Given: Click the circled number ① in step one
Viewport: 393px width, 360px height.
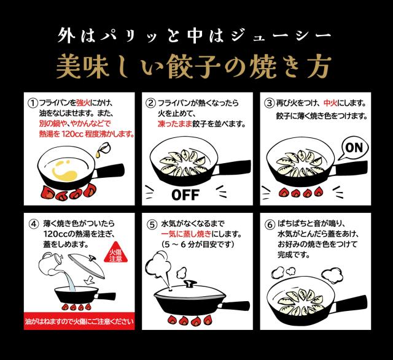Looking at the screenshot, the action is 33,104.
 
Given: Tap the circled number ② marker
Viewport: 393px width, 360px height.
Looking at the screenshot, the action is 150,104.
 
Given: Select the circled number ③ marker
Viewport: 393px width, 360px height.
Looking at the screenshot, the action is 270,104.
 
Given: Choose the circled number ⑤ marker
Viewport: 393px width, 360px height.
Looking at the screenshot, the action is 152,224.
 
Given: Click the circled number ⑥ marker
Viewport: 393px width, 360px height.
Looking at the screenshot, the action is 270,224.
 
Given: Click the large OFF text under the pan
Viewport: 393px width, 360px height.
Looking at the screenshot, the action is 185,195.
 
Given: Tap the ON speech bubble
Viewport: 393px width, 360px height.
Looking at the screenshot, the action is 354,148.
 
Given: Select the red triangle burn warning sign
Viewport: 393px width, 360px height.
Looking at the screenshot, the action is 116,253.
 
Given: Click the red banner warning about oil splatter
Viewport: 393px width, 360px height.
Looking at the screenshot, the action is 79,321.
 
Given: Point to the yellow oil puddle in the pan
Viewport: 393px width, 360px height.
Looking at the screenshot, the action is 65,170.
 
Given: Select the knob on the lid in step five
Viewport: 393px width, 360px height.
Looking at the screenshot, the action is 190,283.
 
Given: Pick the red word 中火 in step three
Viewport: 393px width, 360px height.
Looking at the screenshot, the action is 330,103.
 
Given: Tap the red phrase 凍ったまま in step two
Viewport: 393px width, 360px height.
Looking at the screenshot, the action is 174,124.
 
